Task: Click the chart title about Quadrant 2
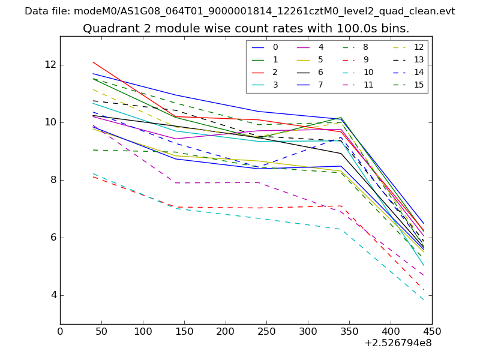246,28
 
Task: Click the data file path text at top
240,11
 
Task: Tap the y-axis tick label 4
52,295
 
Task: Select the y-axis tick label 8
52,180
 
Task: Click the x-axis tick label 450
432,331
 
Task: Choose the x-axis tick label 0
60,331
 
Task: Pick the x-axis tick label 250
266,331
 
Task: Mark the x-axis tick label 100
143,331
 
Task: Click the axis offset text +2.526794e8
398,343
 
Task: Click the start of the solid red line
93,62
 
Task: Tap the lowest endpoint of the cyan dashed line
424,300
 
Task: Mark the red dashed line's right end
424,290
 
